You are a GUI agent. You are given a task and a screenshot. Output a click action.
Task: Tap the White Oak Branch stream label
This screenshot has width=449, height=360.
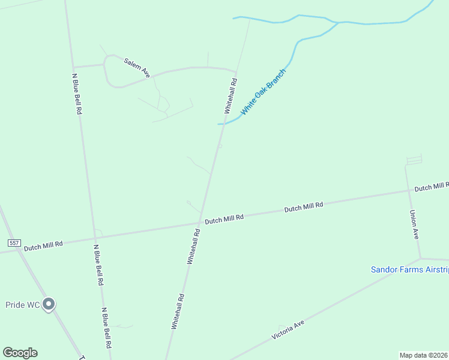(x=264, y=92)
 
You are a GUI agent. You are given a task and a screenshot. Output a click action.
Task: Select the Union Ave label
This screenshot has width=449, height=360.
(x=414, y=224)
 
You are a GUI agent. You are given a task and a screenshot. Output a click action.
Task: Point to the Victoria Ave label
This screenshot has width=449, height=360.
(x=288, y=330)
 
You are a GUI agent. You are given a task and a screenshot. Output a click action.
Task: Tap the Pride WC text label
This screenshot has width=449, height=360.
(x=23, y=305)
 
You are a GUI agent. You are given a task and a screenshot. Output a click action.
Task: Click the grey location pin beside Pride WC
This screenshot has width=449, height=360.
(x=49, y=304)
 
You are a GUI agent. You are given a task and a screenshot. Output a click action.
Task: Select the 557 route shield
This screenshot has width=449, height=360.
(x=14, y=243)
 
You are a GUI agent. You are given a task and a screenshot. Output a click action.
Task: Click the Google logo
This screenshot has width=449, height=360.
(x=20, y=353)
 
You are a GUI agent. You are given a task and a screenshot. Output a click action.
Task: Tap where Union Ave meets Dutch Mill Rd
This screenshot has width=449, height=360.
(x=407, y=192)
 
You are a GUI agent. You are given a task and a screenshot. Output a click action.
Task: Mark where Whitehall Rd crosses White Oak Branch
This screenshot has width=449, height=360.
(x=224, y=124)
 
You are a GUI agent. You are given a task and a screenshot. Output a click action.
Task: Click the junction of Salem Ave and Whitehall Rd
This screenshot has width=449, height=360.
(x=236, y=72)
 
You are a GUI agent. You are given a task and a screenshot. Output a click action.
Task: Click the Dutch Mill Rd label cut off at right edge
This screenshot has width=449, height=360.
(x=431, y=187)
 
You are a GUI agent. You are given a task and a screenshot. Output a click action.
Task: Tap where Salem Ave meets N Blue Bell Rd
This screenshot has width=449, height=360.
(x=73, y=67)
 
